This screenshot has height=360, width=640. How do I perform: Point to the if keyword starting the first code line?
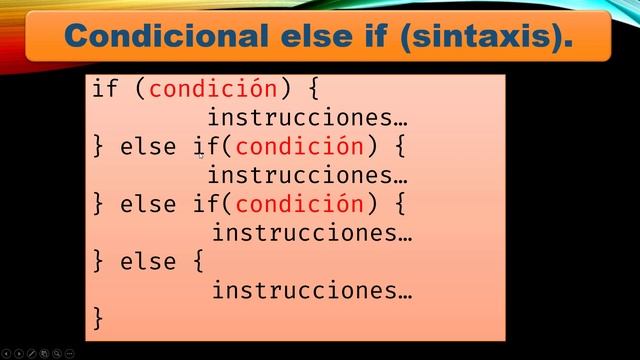105,89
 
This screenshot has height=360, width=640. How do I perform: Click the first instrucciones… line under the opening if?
307,118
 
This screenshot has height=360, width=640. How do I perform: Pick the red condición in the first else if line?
300,147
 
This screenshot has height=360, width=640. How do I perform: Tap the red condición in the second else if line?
300,205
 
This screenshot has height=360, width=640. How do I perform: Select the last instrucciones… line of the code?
312,291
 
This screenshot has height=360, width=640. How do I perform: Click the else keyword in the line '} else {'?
148,262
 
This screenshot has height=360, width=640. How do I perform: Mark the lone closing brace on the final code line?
98,320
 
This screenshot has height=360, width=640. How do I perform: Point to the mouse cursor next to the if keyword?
201,154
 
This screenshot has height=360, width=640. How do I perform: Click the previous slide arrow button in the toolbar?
6,353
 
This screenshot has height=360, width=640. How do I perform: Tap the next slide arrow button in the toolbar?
19,353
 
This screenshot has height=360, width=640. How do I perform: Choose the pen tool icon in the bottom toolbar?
32,353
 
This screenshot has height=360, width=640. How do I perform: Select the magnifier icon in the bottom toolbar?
58,353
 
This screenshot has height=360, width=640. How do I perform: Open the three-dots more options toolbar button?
70,353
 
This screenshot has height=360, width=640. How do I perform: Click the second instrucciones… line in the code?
307,176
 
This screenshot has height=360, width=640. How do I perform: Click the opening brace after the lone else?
194,262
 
